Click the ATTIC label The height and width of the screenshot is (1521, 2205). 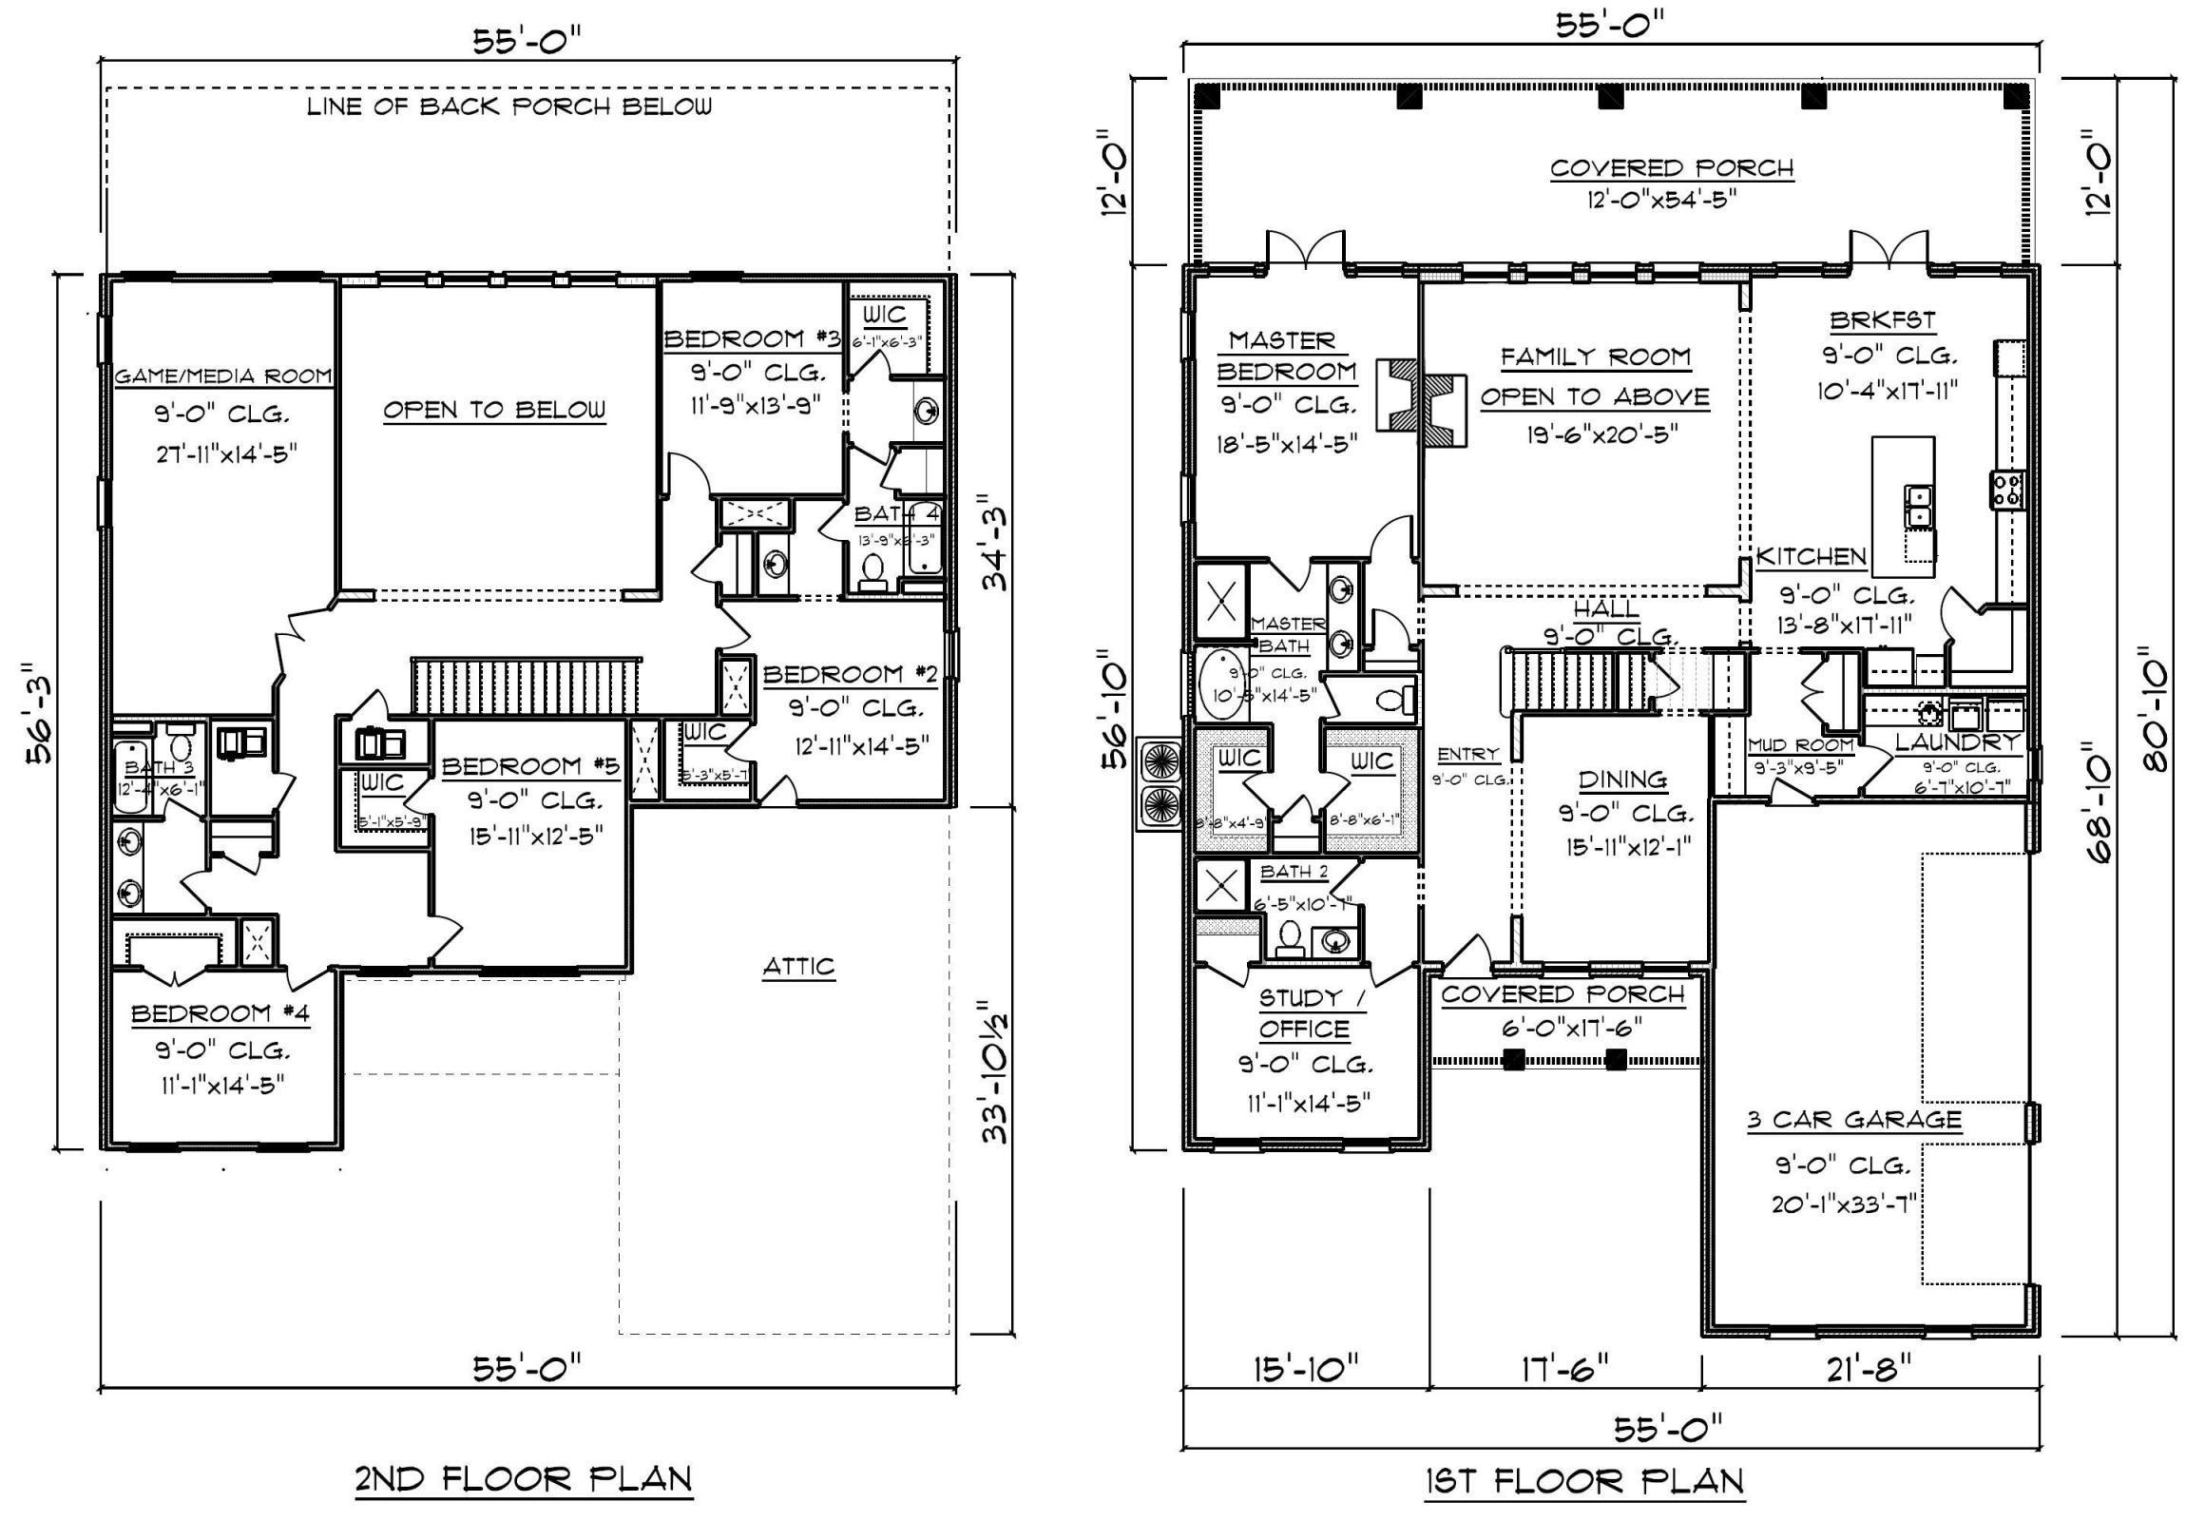(x=798, y=967)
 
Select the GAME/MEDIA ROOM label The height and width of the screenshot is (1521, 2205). (x=223, y=376)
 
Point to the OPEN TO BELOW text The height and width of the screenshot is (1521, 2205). (x=493, y=410)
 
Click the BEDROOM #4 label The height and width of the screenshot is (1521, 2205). (x=220, y=1013)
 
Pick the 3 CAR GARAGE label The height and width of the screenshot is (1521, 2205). (x=1854, y=1120)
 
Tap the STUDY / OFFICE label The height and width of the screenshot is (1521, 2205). (x=1303, y=1013)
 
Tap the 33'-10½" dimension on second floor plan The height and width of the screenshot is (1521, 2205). (x=994, y=1070)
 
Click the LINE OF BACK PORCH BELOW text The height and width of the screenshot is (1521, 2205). (x=508, y=106)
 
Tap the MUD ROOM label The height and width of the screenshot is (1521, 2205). (x=1800, y=745)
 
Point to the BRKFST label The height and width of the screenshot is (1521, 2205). (x=1882, y=319)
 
